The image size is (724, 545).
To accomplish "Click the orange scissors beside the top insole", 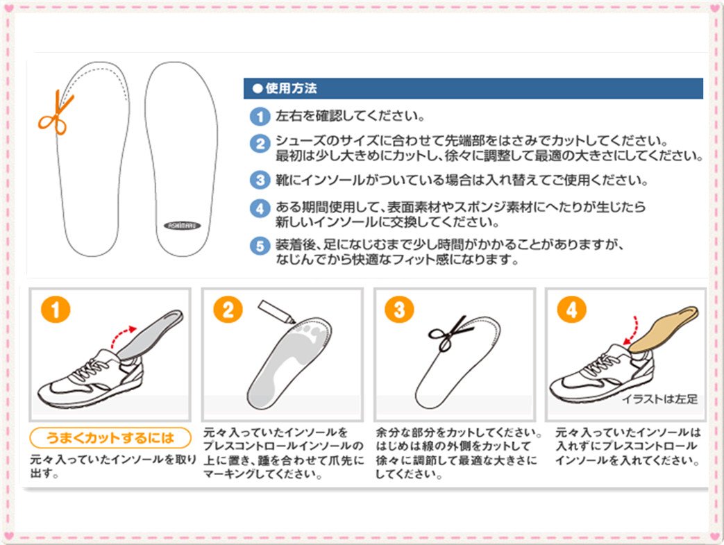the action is pos(56,114).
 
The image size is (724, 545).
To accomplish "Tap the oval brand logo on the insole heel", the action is pos(183,226).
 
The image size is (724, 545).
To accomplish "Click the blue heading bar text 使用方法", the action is pos(291,88).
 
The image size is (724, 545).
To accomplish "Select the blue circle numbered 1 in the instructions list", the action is pos(260,116).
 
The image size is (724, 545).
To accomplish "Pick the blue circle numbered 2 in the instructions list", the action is pos(260,143).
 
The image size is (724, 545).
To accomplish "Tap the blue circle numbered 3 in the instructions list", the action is pos(260,180).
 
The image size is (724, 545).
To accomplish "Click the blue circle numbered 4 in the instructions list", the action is pos(260,208).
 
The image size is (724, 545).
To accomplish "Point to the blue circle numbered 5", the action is pos(260,246).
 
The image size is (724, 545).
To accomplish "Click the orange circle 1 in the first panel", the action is pos(56,310).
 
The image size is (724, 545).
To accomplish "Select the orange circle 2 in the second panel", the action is pos(228,310).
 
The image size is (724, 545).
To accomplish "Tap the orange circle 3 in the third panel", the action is pos(399,310).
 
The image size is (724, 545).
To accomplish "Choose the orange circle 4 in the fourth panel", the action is pos(571,310).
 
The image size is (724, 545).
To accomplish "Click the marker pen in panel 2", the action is pos(276,312).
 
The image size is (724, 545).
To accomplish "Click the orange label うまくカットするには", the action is pos(110,437).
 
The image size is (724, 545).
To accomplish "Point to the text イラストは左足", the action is pos(660,399).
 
